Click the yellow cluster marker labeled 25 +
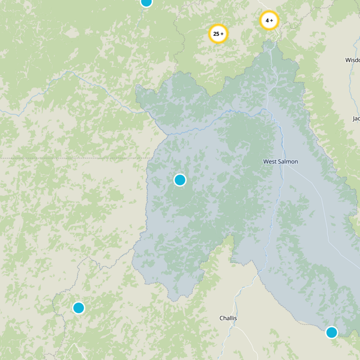(x=218, y=34)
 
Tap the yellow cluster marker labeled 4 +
(x=269, y=20)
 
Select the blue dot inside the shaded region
(x=180, y=180)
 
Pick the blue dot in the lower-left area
(x=78, y=308)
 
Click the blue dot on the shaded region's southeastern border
(x=332, y=333)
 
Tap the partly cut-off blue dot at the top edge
(x=146, y=2)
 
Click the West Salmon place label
(x=280, y=162)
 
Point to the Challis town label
(x=228, y=318)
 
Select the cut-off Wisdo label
(x=352, y=60)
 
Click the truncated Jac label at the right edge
(x=355, y=119)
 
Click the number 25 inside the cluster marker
(x=216, y=34)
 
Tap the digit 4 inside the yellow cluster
(x=267, y=20)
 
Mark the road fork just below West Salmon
(x=284, y=167)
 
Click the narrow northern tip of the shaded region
(x=270, y=43)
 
